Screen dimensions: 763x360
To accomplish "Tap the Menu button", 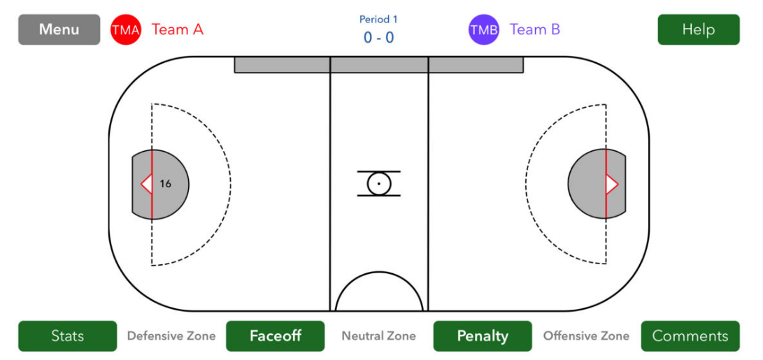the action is coord(59,29).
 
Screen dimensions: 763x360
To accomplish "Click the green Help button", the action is coord(698,29).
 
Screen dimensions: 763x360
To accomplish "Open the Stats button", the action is coord(68,336).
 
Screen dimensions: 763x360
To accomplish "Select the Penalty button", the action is coord(483,336).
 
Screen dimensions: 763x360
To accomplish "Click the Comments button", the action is coord(690,336).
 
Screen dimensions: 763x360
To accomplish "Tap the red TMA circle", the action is coord(126,29).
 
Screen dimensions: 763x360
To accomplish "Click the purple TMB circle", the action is coord(484,29).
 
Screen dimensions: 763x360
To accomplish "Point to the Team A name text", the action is coord(177,29).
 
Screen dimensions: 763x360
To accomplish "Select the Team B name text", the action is coord(535,29).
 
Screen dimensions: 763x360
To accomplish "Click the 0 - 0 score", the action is coord(378,38).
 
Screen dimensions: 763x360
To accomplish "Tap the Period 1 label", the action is coord(378,20).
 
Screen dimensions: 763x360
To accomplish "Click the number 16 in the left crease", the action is coord(166,184).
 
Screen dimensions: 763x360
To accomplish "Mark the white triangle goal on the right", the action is coord(611,184).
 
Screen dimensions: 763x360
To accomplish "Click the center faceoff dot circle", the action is coord(378,184).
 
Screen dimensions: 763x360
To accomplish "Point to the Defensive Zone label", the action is coord(171,336).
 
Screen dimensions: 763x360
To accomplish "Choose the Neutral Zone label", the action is coord(378,336).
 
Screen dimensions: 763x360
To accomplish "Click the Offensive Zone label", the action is coord(586,336).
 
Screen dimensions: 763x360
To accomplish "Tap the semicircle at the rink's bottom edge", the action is coord(379,272).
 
